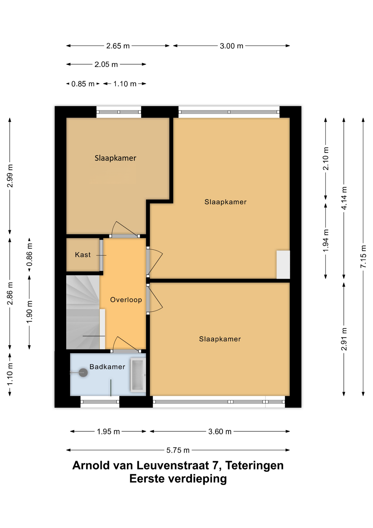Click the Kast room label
click(83, 255)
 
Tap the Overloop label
click(126, 300)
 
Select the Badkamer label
click(107, 367)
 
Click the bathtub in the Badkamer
click(138, 375)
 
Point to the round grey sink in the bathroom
click(83, 373)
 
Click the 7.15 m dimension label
click(363, 256)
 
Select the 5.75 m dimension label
click(178, 450)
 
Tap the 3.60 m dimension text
click(220, 431)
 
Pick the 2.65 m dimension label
click(118, 46)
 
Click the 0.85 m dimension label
click(83, 84)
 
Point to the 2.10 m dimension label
click(325, 159)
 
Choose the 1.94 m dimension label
click(325, 240)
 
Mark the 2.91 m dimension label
click(344, 339)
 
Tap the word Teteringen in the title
click(254, 465)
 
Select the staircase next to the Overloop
click(83, 312)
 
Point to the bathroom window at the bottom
click(100, 402)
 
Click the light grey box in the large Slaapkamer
click(283, 265)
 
